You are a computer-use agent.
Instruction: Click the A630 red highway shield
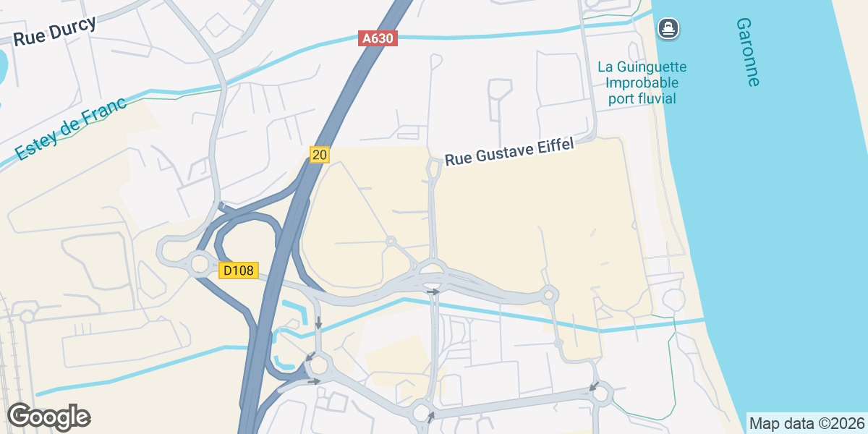click(378, 38)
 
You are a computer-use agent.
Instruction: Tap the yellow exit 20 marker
click(320, 154)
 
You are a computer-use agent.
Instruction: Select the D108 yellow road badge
click(238, 271)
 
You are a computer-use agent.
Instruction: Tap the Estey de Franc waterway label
click(70, 128)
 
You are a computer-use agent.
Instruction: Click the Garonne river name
click(747, 52)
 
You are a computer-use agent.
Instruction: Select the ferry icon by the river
click(668, 29)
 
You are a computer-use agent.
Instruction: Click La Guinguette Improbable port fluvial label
click(642, 82)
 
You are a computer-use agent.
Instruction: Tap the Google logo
click(48, 417)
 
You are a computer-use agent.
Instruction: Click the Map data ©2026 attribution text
click(806, 423)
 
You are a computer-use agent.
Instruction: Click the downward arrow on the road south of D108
click(318, 323)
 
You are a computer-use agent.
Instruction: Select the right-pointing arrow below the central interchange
click(433, 292)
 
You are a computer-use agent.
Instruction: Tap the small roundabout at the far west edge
click(27, 316)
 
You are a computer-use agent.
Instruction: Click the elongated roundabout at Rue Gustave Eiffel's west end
click(434, 169)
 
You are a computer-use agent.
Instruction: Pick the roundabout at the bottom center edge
click(422, 413)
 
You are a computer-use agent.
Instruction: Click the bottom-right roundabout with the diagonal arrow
click(601, 393)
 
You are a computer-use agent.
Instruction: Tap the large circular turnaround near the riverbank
click(673, 299)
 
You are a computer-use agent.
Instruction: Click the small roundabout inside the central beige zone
click(391, 241)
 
